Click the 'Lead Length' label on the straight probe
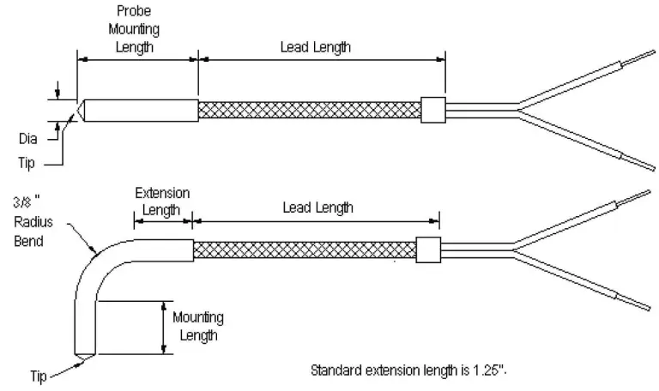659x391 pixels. pyautogui.click(x=316, y=48)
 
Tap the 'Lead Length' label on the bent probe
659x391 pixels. pyautogui.click(x=317, y=208)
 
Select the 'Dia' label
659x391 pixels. pyautogui.click(x=28, y=136)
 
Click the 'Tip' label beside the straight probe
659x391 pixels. pyautogui.click(x=27, y=161)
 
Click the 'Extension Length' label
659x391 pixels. pyautogui.click(x=162, y=202)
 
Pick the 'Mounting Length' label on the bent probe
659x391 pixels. pyautogui.click(x=198, y=326)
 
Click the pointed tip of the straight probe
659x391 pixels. pyautogui.click(x=79, y=111)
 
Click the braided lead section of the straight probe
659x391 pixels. pyautogui.click(x=309, y=110)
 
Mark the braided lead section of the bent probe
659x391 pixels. pyautogui.click(x=305, y=250)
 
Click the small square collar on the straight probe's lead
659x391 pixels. pyautogui.click(x=433, y=109)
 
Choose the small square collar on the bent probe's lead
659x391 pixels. pyautogui.click(x=427, y=249)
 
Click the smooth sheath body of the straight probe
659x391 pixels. pyautogui.click(x=142, y=110)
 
